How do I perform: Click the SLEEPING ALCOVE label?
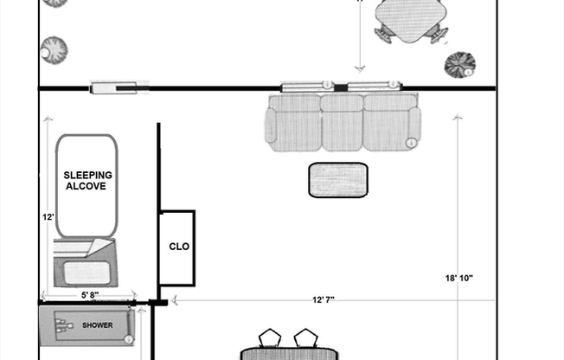coord(88,180)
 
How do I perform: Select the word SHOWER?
coord(98,325)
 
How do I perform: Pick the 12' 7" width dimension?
coord(323,299)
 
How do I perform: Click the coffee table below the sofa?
coord(338,179)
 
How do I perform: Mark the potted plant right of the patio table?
coord(459,65)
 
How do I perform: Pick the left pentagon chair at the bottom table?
coord(271,337)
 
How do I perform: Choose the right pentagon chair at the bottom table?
coord(305,337)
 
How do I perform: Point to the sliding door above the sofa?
coord(339,86)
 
